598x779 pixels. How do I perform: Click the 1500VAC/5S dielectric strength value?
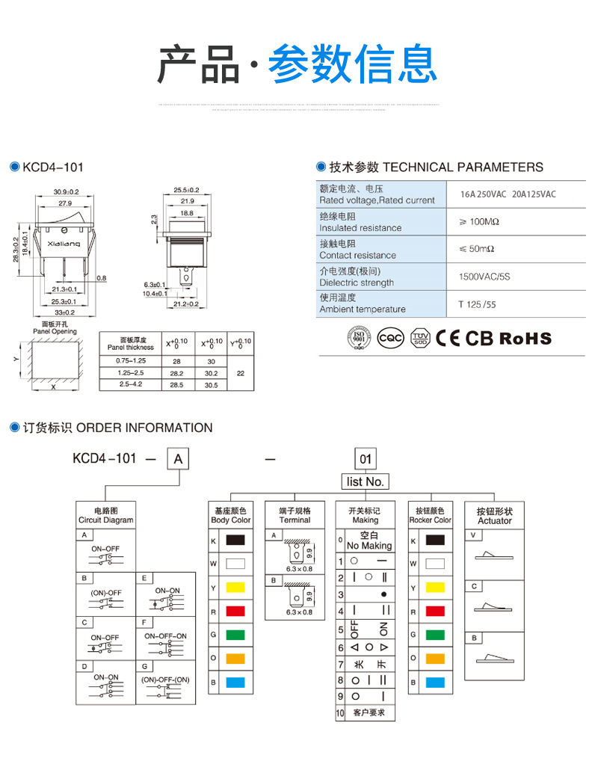[x=484, y=277]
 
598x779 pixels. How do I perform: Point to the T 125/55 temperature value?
[x=477, y=304]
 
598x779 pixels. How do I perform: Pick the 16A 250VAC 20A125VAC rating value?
[x=508, y=194]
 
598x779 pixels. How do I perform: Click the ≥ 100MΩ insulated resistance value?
[x=479, y=222]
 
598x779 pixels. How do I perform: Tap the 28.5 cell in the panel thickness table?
[x=176, y=384]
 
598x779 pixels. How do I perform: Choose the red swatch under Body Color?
[x=235, y=612]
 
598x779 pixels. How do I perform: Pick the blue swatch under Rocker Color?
[x=435, y=682]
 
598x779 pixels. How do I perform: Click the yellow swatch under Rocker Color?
[x=435, y=588]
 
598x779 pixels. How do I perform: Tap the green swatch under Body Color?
[x=235, y=635]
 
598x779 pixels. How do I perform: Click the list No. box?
[x=366, y=481]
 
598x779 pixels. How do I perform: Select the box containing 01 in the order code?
[x=366, y=458]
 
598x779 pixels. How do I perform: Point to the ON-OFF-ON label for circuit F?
[x=165, y=635]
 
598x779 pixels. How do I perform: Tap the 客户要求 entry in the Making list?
[x=369, y=713]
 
